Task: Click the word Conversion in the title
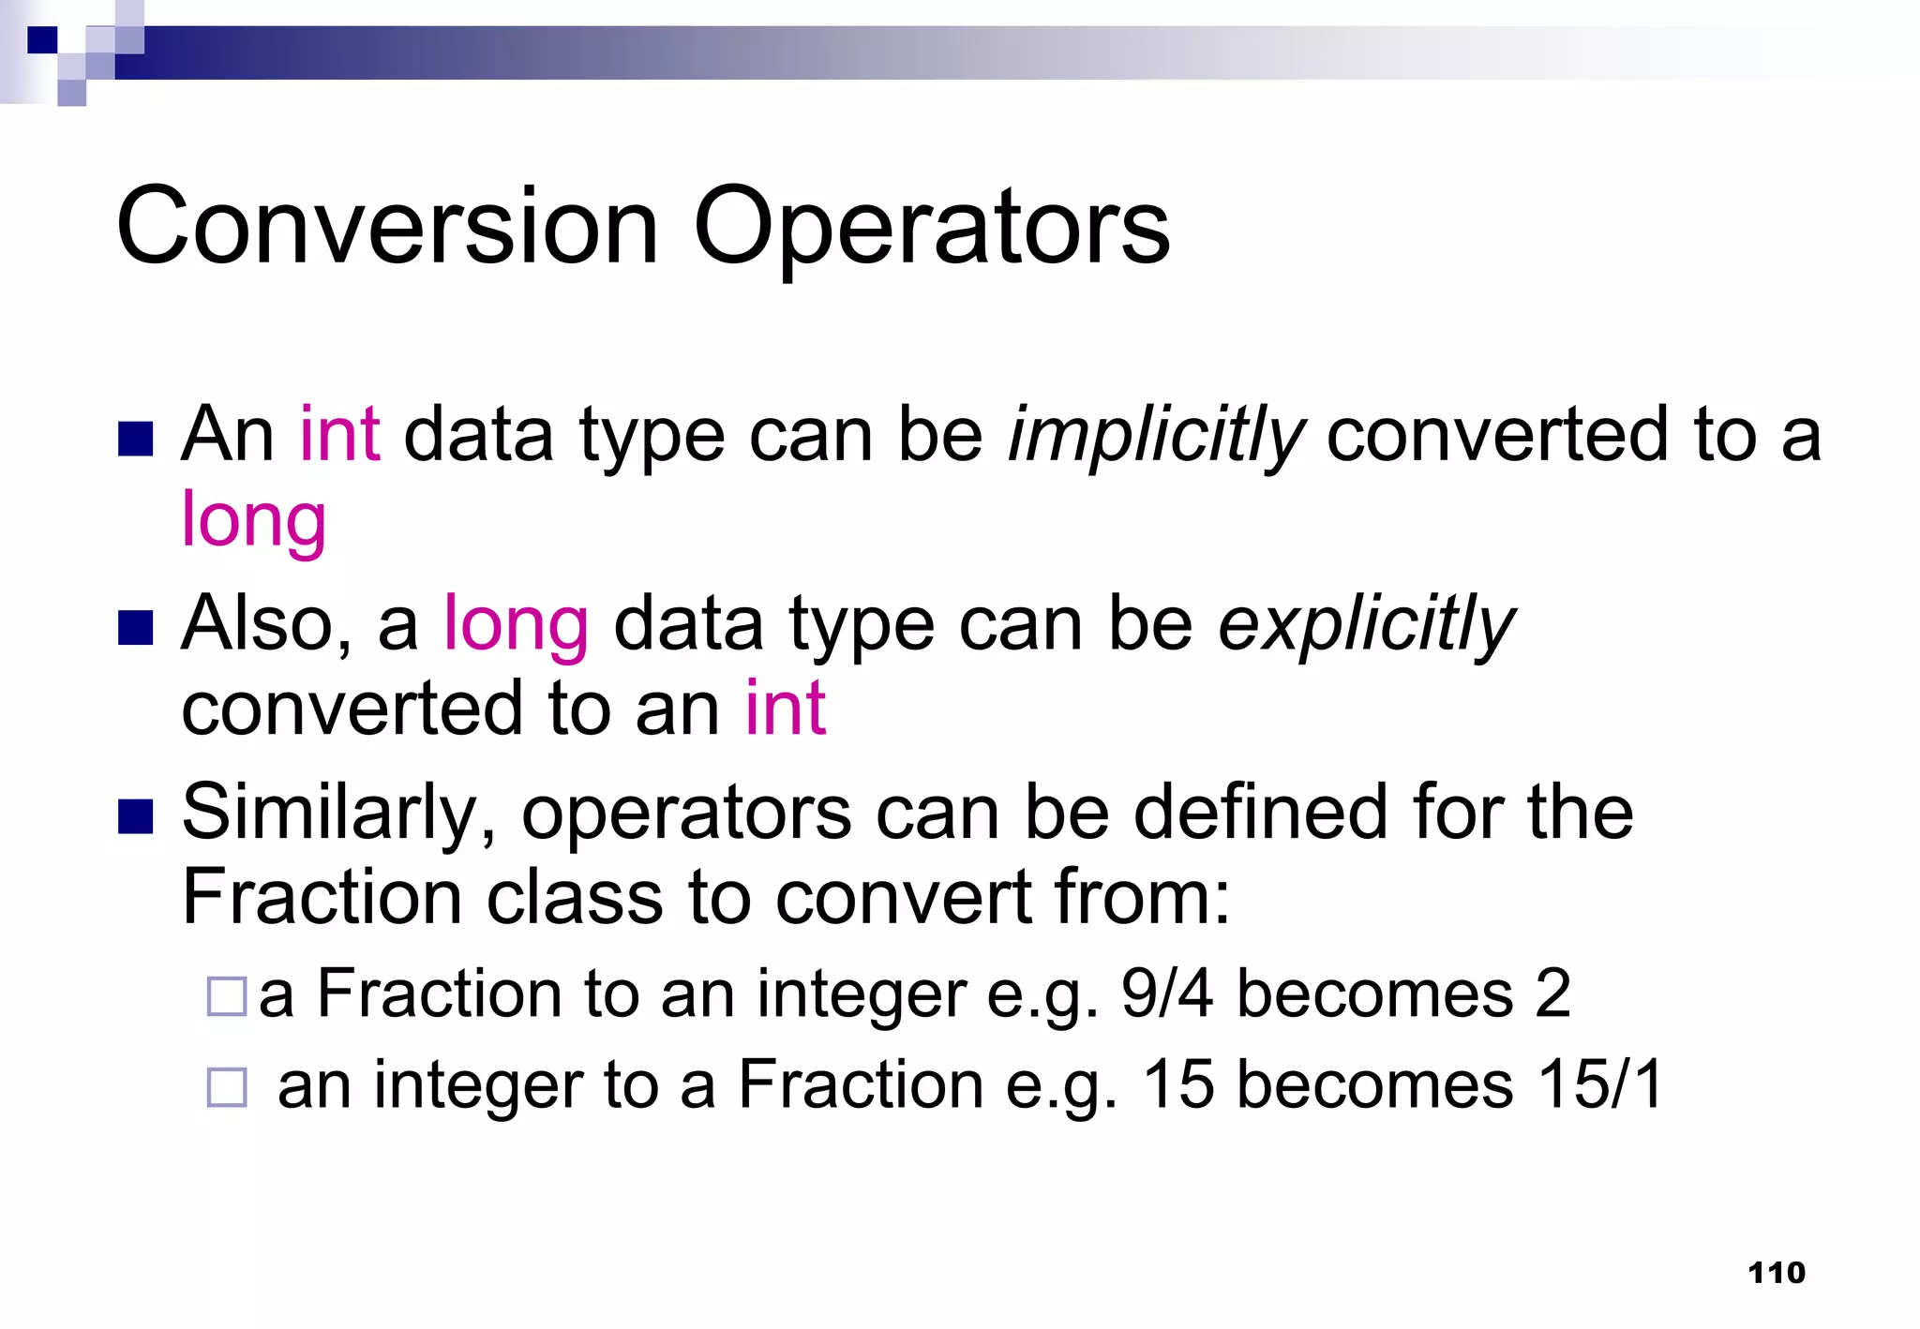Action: click(387, 226)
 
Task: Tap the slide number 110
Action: click(1777, 1272)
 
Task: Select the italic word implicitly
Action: click(1155, 437)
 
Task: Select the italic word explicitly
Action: click(1365, 625)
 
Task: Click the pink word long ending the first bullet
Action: click(253, 520)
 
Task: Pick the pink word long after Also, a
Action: click(516, 625)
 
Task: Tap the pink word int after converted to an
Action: click(786, 709)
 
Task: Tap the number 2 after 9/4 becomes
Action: click(1552, 993)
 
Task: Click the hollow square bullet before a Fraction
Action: click(227, 996)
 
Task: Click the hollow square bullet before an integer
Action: click(227, 1087)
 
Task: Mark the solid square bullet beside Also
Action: click(136, 628)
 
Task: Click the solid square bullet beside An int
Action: click(136, 439)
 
